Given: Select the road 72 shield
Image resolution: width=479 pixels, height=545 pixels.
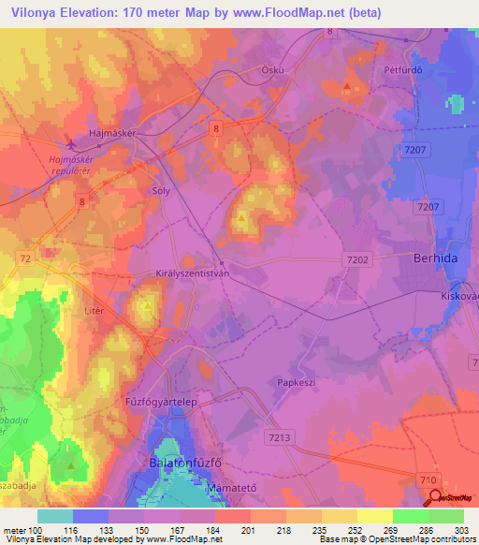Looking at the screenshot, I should [x=24, y=256].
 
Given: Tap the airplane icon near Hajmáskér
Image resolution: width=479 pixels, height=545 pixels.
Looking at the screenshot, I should [x=73, y=144].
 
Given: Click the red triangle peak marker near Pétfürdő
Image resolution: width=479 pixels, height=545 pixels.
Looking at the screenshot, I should [x=347, y=87].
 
